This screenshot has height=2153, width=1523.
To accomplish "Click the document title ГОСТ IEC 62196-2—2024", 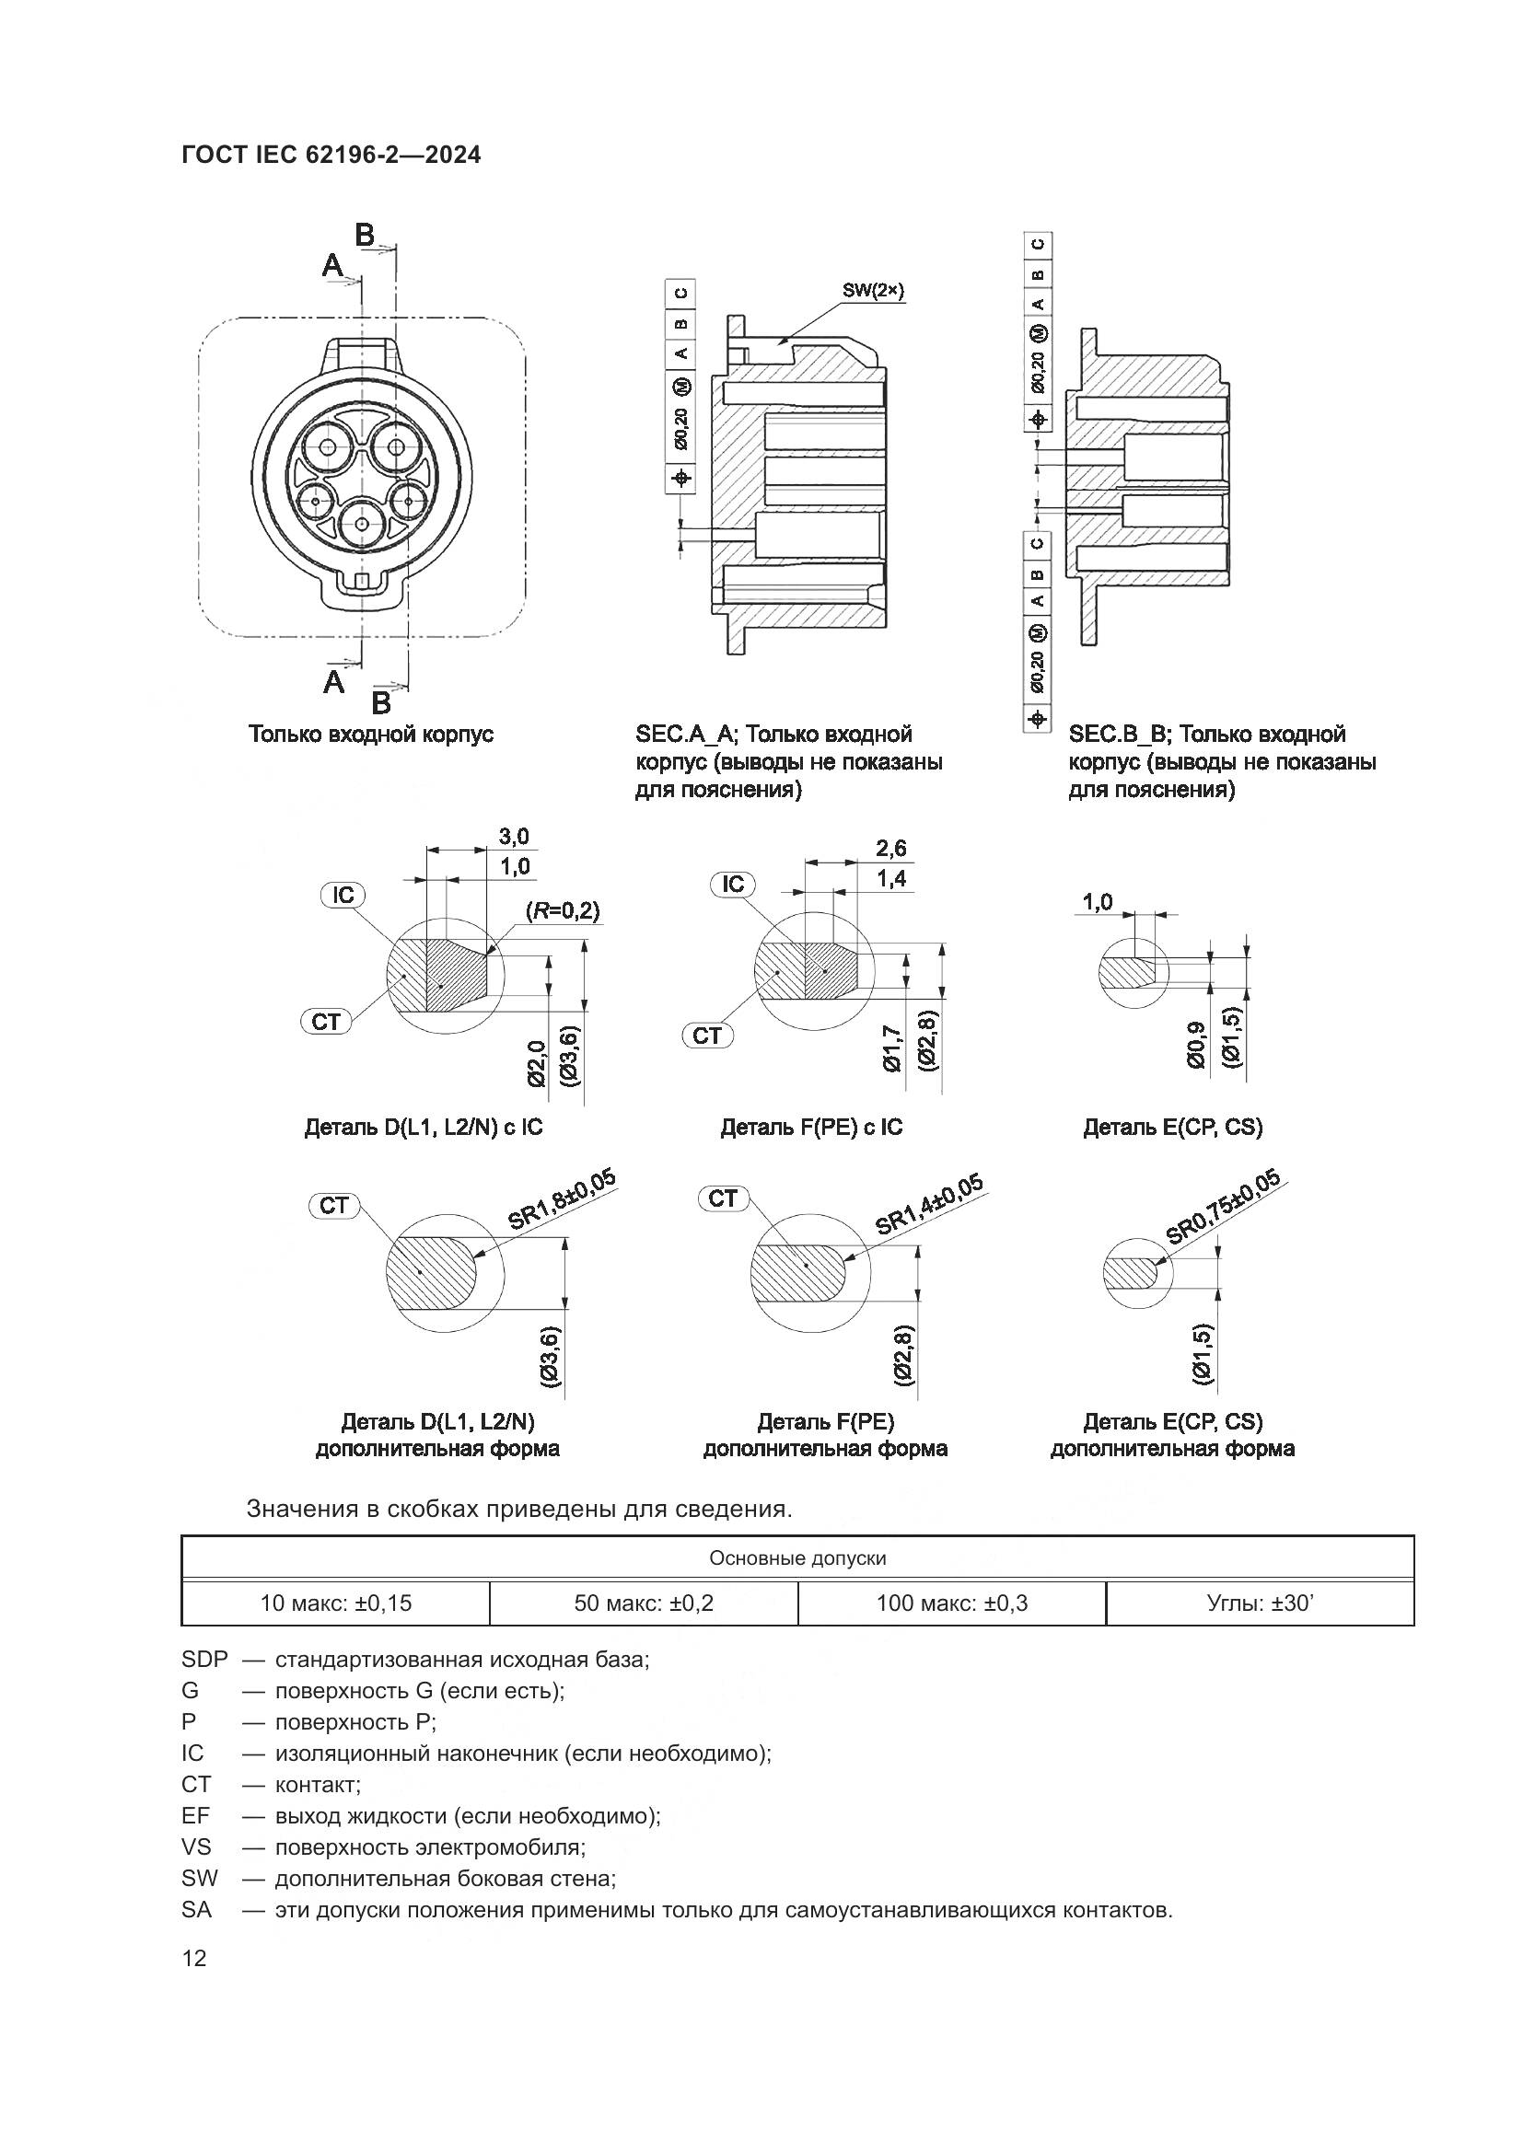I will coord(331,155).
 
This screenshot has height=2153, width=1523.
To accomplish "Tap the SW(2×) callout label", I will coord(872,291).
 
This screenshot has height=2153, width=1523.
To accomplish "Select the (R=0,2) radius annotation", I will coord(563,909).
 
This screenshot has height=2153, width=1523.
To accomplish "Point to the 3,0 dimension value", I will coord(513,836).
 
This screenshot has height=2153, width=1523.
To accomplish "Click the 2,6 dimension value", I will coord(891,849).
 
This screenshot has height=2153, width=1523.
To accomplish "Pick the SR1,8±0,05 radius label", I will coord(562,1200).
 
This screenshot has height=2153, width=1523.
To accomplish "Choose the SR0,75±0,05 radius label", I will coord(1223,1206).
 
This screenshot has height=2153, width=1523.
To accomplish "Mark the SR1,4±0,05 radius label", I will coord(928,1204).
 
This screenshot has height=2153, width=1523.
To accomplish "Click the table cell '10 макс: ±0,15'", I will coord(336,1603).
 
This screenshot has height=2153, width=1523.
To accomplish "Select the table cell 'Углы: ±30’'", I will coord(1260,1603).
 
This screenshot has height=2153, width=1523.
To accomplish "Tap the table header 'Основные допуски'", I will coord(797,1558).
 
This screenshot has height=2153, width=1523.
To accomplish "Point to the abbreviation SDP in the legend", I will coord(204,1659).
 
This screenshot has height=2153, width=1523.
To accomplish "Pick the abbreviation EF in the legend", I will coord(195,1815).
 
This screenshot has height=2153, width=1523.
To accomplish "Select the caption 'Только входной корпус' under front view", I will coord(370,735).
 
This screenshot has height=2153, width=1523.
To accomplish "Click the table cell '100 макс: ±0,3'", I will coord(952,1603).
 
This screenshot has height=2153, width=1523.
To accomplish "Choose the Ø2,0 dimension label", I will coord(538,1063).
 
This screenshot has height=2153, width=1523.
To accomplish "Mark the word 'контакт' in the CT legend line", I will coord(317,1785).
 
